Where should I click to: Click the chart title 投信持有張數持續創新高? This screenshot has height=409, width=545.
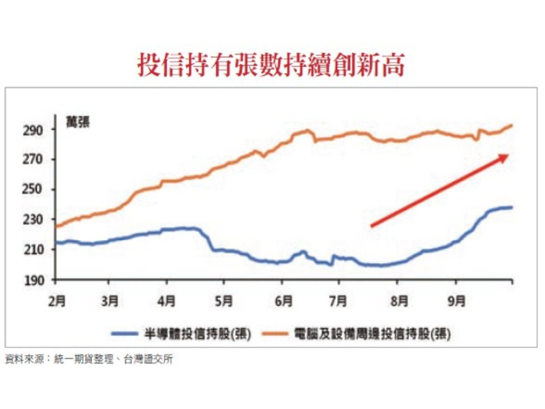pos(272,65)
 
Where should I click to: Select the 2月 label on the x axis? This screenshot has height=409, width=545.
pos(57,300)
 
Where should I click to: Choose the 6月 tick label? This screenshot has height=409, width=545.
pos(284,300)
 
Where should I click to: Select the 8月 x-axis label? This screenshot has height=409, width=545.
pos(399,300)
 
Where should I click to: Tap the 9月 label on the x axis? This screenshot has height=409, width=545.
pos(457,300)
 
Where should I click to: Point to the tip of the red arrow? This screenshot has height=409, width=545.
pos(508,155)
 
